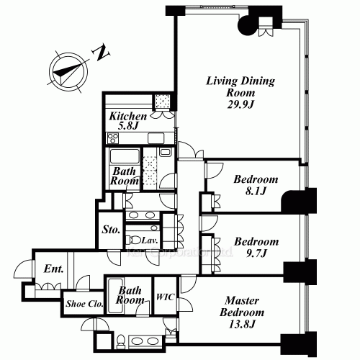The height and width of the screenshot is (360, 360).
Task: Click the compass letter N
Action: coord(103,53)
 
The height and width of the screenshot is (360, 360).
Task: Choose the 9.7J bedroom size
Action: coord(255,253)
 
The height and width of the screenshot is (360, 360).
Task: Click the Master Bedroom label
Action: coord(243,306)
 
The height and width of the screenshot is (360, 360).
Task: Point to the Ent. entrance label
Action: coord(52,269)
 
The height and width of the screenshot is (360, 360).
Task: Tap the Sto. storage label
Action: coord(111,231)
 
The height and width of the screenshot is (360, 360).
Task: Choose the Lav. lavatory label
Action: coord(150,240)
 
